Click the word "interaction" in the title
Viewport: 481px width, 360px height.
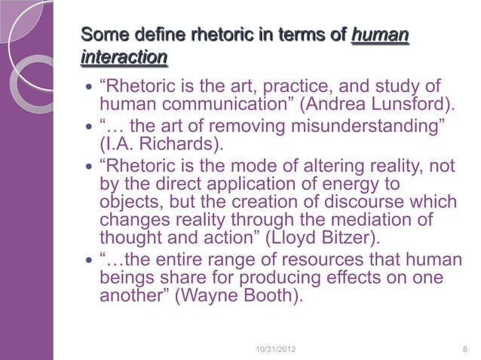pos(123,57)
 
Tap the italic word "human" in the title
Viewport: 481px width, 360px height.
pos(380,35)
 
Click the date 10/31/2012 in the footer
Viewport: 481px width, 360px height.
pos(277,349)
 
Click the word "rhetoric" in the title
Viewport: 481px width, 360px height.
pos(182,35)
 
